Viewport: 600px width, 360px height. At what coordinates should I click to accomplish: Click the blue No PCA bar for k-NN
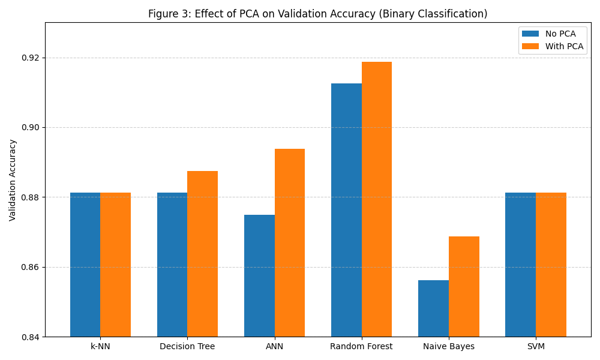85,265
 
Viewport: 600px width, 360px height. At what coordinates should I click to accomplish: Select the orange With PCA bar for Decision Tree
202,254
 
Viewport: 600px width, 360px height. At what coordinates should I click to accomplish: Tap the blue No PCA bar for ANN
259,275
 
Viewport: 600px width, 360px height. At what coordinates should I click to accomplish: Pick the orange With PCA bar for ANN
290,242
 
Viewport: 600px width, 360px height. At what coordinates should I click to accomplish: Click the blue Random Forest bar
346,210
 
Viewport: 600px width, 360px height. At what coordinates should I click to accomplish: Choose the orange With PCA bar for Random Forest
377,199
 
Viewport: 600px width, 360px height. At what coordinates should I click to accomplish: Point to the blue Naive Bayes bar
433,308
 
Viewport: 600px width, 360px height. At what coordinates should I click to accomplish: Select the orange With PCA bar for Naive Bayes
464,286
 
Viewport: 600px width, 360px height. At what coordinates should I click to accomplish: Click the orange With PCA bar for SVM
551,265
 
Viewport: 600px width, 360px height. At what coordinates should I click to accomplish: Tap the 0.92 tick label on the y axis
30,58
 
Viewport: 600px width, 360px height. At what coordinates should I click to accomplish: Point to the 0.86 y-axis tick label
30,268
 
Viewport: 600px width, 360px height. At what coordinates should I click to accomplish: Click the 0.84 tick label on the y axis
30,337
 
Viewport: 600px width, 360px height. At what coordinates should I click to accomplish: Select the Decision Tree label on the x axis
187,347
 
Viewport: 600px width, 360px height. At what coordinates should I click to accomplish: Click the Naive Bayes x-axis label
449,347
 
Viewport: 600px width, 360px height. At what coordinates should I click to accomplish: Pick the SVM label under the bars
536,347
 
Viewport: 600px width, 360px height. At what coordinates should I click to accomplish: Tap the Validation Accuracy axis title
13,180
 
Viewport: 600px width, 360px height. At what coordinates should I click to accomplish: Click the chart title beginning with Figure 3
317,14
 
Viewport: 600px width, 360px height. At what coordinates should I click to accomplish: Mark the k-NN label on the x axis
100,347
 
